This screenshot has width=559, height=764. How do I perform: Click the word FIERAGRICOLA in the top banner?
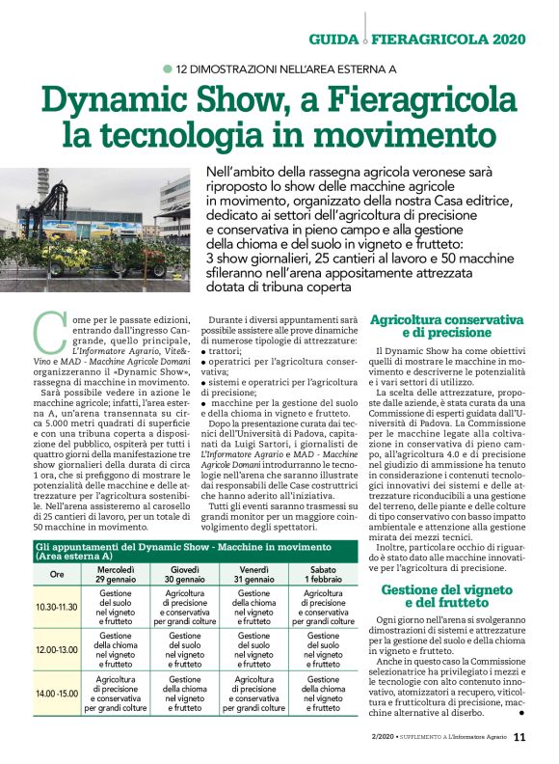click(431, 41)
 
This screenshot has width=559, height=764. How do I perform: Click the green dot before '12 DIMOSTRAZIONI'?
click(168, 69)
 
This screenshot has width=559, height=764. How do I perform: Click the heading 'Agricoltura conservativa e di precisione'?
click(446, 327)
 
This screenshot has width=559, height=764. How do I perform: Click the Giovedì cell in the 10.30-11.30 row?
click(185, 608)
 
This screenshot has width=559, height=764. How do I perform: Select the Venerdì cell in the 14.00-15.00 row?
click(253, 693)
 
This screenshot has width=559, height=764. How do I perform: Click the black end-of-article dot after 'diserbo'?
click(520, 714)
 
